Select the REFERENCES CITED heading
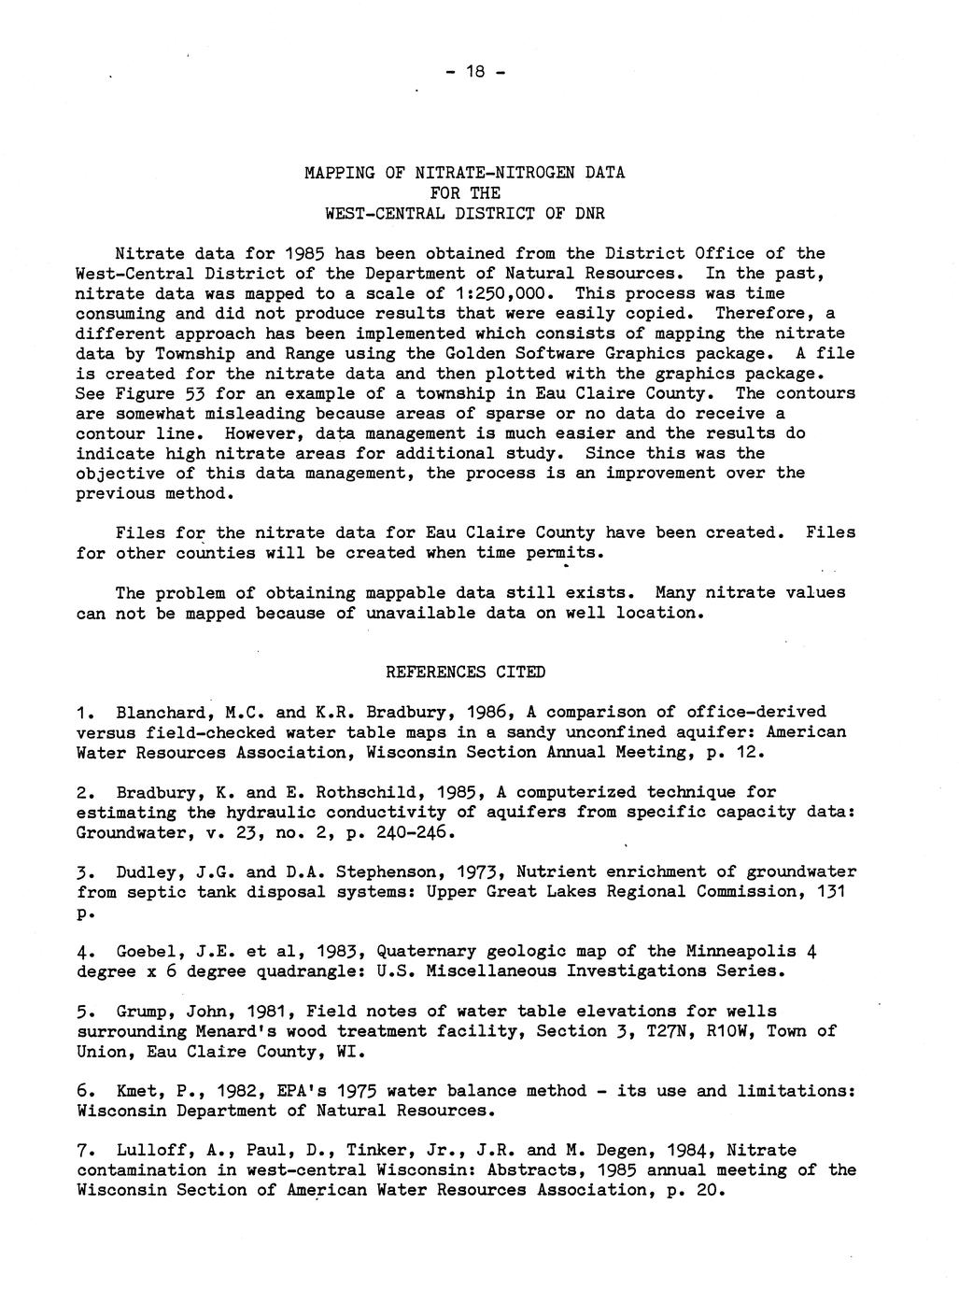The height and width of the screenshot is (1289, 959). [465, 673]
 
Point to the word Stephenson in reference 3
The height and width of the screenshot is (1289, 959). [389, 872]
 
